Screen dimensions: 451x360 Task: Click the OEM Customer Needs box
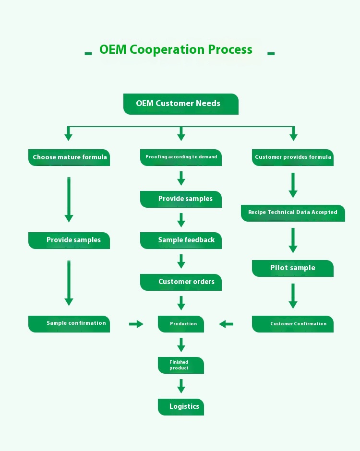point(180,104)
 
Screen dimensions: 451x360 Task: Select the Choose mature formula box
point(69,157)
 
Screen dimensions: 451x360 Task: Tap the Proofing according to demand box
point(181,157)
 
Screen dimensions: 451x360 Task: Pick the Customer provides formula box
point(293,157)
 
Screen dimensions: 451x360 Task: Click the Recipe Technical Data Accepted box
point(293,213)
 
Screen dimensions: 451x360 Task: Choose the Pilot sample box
point(293,268)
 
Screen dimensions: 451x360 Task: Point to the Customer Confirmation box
point(293,324)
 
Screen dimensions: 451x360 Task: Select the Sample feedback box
point(181,240)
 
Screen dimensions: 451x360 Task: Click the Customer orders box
point(181,282)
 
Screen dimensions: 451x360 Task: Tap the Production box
point(181,324)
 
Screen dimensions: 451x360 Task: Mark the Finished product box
point(181,365)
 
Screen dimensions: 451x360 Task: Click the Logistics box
point(181,407)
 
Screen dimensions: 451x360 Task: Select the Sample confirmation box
point(69,324)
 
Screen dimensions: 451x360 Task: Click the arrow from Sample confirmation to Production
point(136,324)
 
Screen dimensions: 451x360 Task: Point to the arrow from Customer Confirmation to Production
point(226,324)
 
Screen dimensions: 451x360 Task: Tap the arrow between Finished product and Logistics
point(181,386)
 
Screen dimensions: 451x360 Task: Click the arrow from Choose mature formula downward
point(69,199)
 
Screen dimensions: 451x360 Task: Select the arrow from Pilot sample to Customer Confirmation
point(293,296)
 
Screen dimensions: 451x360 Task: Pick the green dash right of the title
point(271,53)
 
